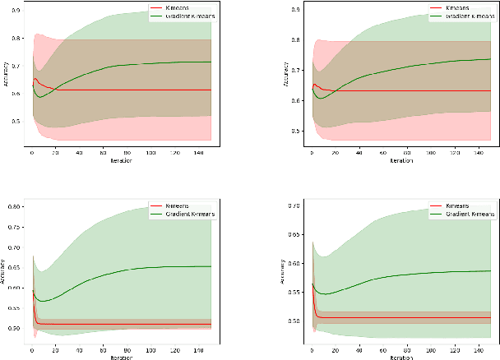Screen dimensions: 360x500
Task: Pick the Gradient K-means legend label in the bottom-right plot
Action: (464, 213)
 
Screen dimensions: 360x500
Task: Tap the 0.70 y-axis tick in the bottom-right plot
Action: (292, 206)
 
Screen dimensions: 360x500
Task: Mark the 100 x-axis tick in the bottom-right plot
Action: (433, 350)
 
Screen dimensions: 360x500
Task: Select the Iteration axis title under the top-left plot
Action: (120, 161)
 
